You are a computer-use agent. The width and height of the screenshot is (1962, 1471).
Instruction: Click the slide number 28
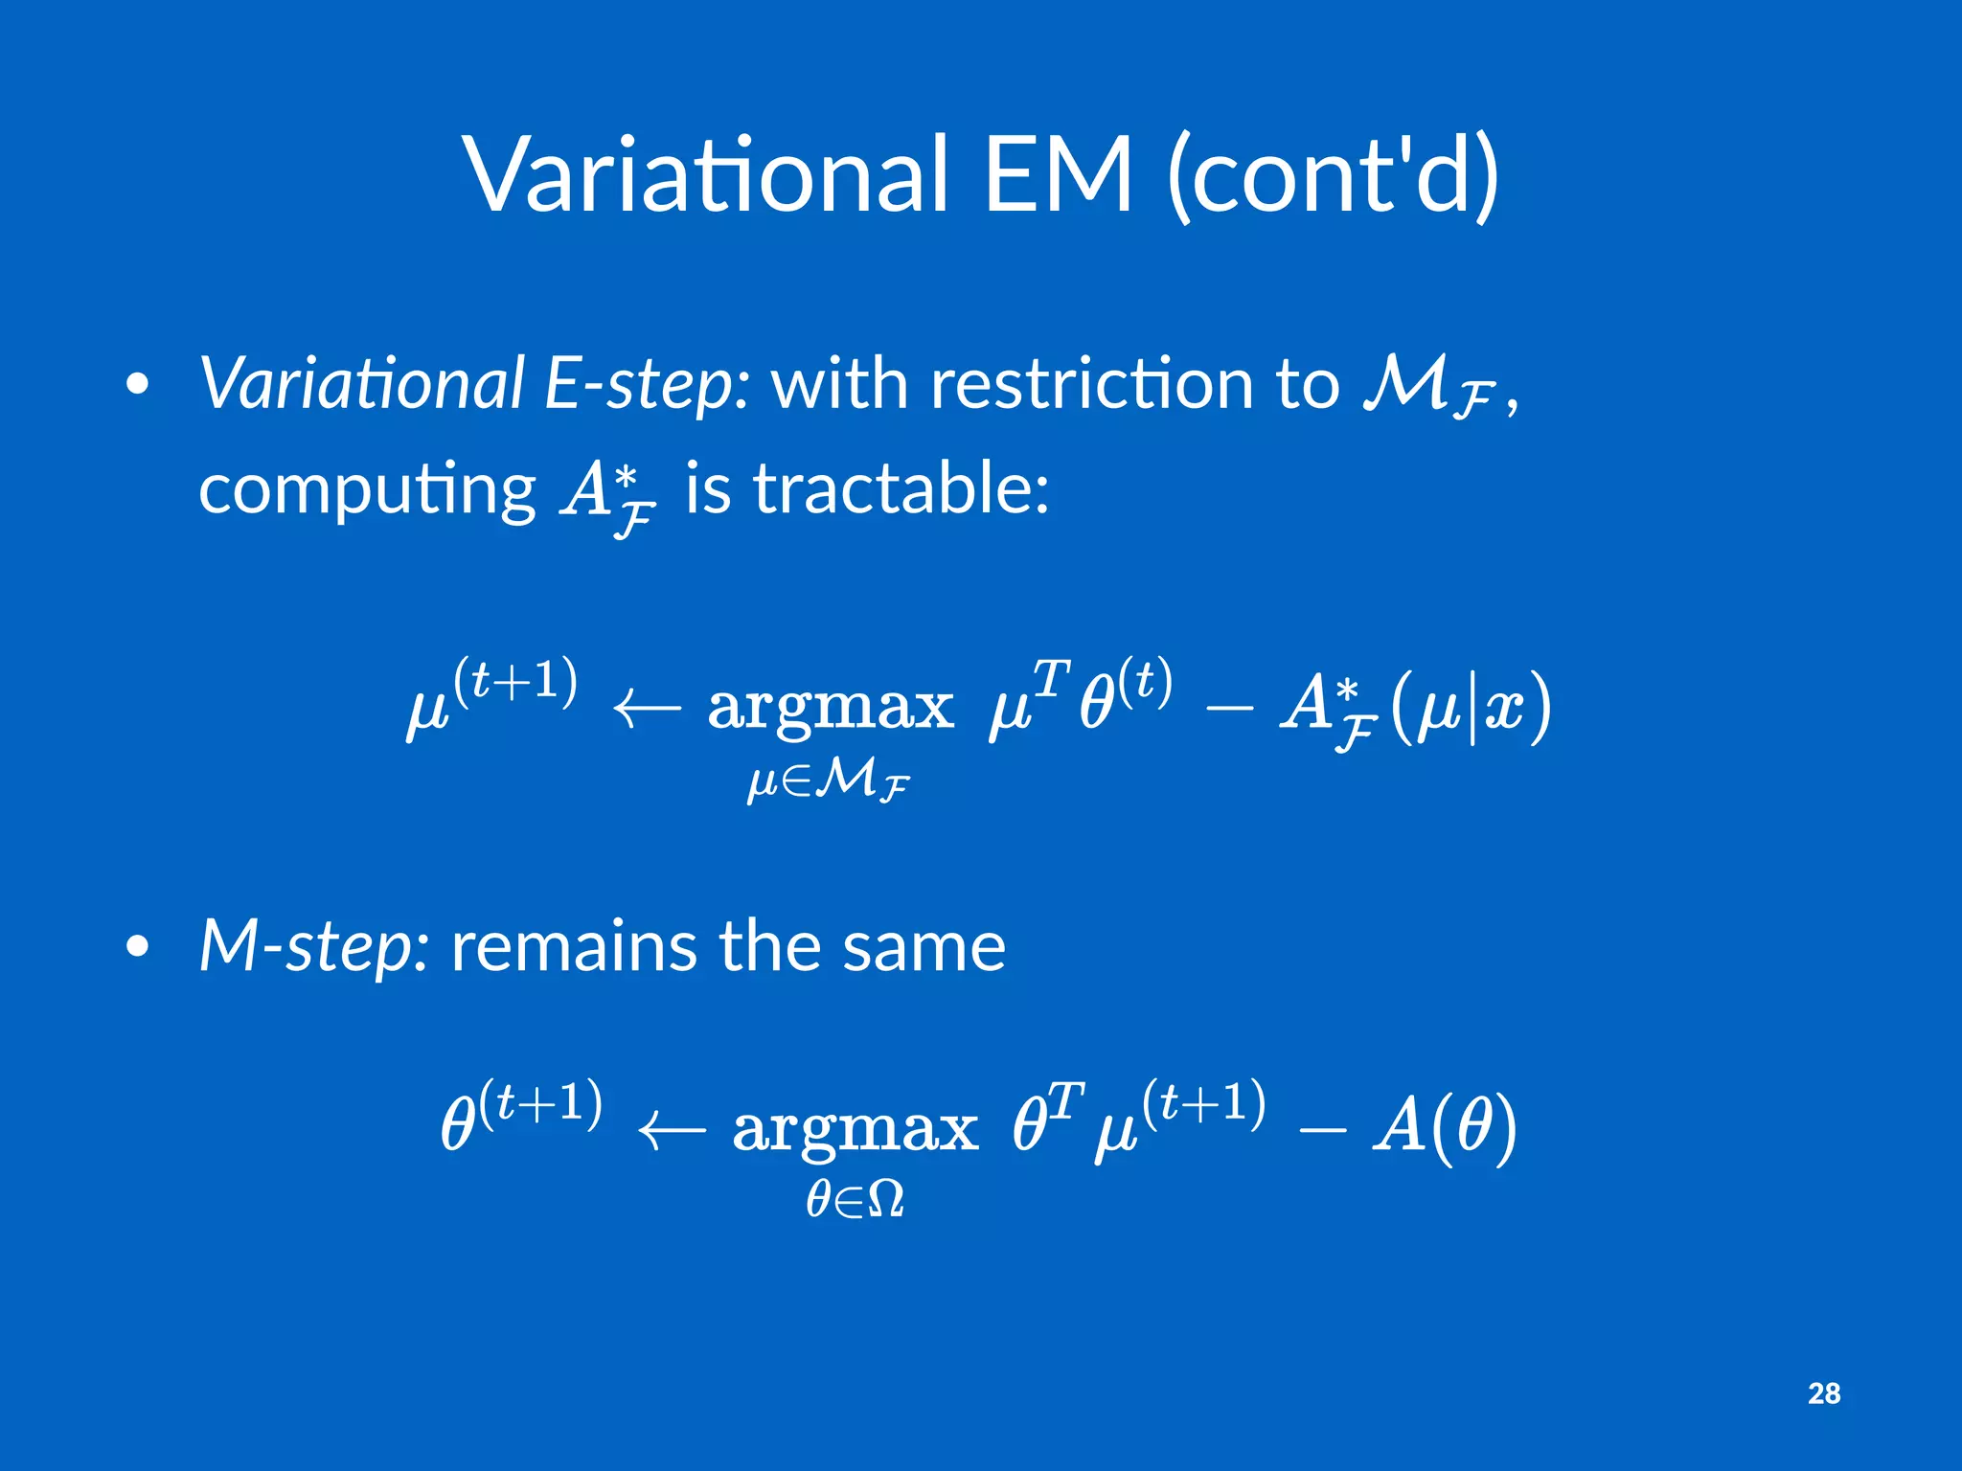tap(1823, 1393)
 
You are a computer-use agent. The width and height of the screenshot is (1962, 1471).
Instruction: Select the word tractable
tap(901, 489)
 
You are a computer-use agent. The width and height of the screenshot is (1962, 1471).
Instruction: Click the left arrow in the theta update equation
tap(671, 1131)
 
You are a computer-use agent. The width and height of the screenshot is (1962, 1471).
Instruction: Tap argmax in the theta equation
tap(855, 1131)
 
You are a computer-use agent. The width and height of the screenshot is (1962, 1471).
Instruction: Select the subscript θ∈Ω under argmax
tap(855, 1198)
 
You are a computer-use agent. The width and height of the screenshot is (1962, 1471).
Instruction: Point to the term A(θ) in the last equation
tap(1445, 1126)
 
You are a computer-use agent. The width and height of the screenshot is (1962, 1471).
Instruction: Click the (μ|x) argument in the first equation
tap(1471, 709)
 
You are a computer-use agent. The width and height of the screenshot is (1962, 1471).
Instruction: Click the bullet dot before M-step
tap(138, 947)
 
